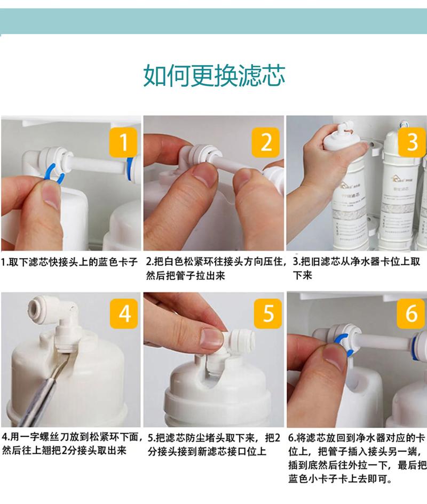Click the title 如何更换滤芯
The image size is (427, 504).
213,76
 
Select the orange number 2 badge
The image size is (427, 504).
266,142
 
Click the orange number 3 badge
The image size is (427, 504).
412,142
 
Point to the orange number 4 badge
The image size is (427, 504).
124,314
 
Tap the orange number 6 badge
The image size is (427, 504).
412,314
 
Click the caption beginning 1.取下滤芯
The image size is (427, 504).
69,262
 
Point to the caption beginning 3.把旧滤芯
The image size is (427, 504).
358,268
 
